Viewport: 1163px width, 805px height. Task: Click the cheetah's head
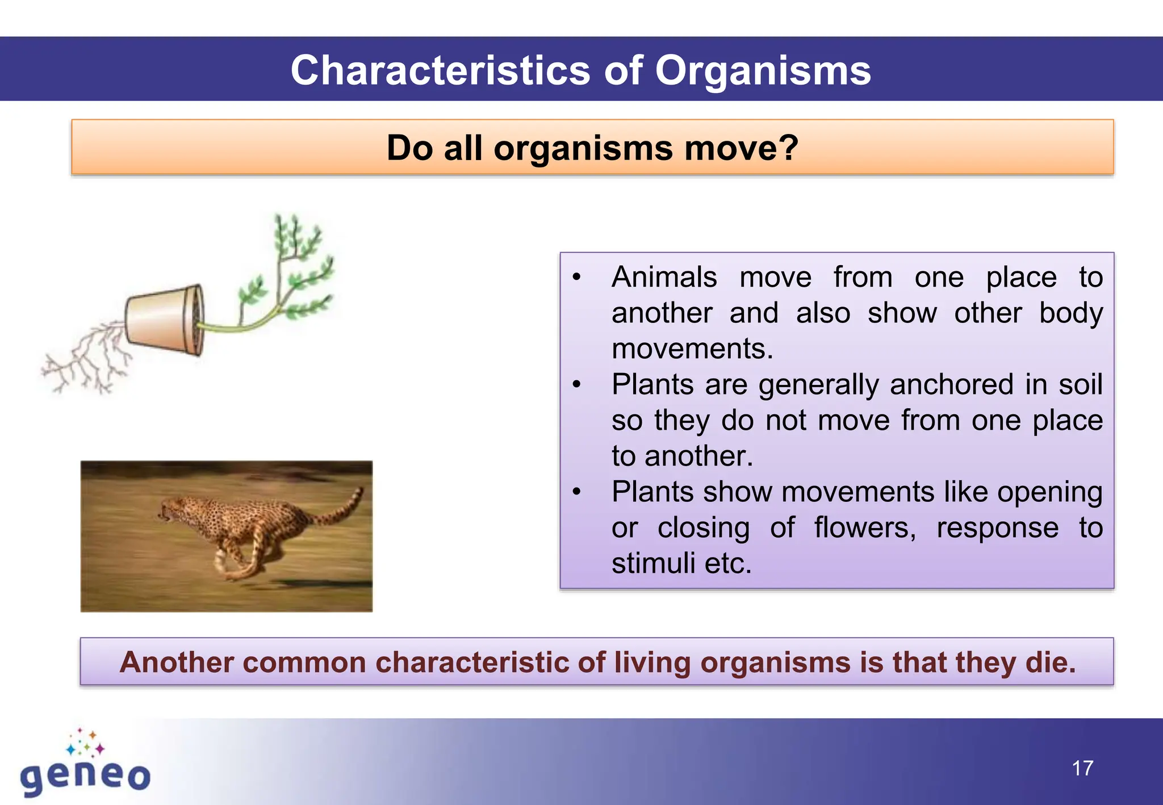pos(170,509)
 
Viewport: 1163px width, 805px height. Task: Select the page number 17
pos(1082,769)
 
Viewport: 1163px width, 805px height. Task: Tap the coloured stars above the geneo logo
pos(85,743)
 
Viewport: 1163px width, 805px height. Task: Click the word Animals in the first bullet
pos(664,278)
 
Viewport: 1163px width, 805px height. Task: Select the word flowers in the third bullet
pos(864,528)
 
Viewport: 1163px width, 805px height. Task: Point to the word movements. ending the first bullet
pos(692,349)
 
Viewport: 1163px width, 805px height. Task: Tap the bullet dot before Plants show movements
pos(576,492)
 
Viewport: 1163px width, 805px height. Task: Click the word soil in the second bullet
pos(1080,385)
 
